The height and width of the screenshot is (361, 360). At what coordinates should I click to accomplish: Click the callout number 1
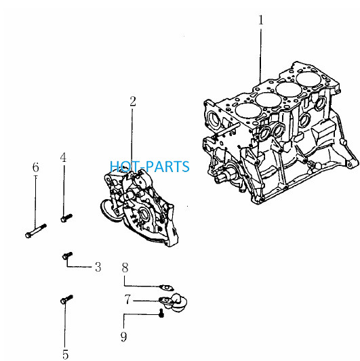[x=260, y=20]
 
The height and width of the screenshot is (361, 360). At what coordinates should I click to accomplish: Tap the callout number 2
[x=133, y=102]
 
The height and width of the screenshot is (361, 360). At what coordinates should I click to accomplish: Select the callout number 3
[x=98, y=268]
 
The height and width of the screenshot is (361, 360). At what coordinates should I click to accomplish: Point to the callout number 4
[x=63, y=158]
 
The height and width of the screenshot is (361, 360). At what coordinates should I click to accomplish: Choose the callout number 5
[x=66, y=354]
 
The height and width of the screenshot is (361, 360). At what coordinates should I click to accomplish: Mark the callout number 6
[x=35, y=167]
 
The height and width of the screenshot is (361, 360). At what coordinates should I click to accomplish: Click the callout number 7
[x=127, y=299]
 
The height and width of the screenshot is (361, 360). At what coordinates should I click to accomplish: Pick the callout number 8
[x=125, y=268]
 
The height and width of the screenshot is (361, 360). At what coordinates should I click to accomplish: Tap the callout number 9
[x=124, y=337]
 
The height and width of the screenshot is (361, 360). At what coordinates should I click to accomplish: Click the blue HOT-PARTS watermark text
[x=150, y=167]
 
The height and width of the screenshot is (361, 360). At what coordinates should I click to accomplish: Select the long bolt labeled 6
[x=36, y=231]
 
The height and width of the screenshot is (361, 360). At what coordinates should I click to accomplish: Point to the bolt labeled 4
[x=66, y=218]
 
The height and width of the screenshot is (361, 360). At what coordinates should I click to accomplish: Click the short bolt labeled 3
[x=68, y=255]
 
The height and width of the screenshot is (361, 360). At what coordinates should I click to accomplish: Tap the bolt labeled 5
[x=66, y=299]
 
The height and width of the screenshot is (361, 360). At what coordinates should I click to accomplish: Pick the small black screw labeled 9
[x=161, y=314]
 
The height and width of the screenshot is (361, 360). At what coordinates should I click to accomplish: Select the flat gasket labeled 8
[x=167, y=288]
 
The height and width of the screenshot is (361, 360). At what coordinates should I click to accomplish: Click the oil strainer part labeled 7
[x=174, y=302]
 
